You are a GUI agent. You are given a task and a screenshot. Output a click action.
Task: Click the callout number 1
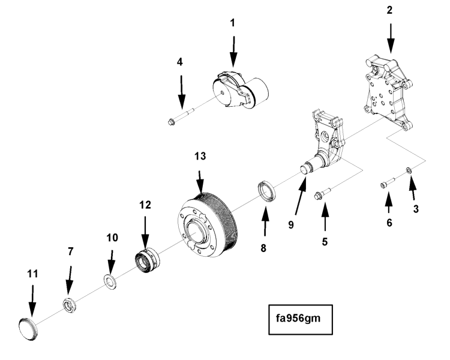click(x=233, y=23)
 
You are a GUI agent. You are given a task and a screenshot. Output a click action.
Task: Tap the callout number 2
click(x=391, y=11)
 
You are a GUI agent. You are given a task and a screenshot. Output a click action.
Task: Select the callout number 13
click(x=200, y=157)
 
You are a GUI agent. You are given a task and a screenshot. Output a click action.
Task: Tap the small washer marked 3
click(x=409, y=172)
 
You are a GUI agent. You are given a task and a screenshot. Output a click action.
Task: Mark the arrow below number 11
click(x=32, y=301)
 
